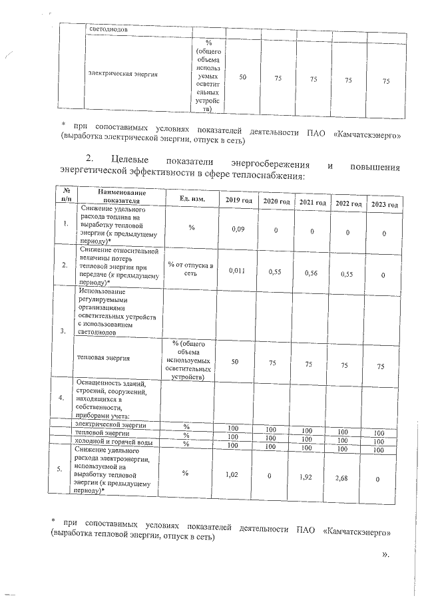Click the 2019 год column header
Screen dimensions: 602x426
(x=238, y=202)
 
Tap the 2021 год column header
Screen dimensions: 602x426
(x=312, y=202)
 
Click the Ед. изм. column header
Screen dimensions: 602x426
(x=192, y=199)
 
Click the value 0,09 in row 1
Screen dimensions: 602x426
(x=238, y=229)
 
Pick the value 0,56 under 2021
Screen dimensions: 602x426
(x=312, y=272)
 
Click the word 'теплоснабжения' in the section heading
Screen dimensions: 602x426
(x=269, y=176)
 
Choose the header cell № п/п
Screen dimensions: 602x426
(x=65, y=195)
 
